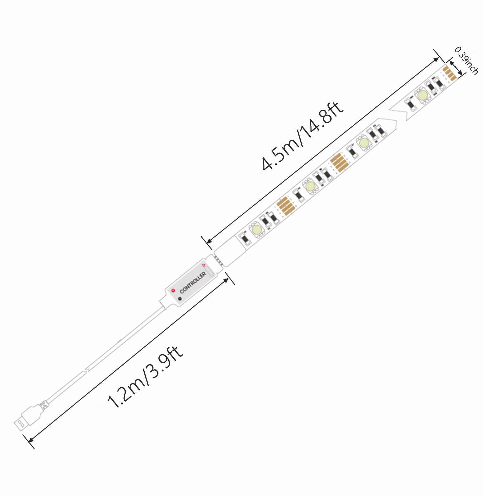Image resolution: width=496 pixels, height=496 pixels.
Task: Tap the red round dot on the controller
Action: (173, 290)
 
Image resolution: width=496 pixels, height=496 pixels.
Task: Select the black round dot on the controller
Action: (180, 298)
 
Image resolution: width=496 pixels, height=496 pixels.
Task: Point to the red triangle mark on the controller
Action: (204, 265)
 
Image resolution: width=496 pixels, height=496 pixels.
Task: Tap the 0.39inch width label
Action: (466, 60)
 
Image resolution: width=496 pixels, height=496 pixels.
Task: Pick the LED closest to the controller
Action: (256, 229)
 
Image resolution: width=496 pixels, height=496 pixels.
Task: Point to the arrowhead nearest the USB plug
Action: (31, 439)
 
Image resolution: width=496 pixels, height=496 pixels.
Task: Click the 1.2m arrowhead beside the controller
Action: (226, 280)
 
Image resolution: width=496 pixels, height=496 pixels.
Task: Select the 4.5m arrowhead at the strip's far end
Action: (436, 59)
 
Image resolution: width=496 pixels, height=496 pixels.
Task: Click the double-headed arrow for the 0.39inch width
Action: (456, 68)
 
